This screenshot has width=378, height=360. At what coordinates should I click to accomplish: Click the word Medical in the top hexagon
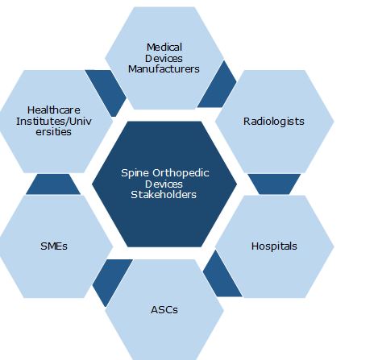coord(164,48)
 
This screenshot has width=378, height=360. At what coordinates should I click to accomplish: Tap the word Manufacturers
coord(164,69)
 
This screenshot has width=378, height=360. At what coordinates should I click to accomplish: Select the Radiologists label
coord(274,122)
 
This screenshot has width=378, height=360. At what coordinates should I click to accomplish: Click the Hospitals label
coord(274,246)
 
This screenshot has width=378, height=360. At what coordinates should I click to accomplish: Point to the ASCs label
coord(164,310)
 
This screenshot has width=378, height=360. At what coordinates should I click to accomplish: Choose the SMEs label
coord(54,246)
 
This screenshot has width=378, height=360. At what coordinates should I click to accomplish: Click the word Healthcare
coord(54,110)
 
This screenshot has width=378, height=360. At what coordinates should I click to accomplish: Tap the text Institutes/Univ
coord(54,121)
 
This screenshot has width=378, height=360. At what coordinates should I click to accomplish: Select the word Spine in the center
coord(135,173)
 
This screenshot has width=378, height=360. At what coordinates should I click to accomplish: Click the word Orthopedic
coord(181,173)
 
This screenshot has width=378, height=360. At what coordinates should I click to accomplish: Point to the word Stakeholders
coord(164,195)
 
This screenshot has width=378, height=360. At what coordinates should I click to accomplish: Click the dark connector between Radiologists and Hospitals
coord(274,184)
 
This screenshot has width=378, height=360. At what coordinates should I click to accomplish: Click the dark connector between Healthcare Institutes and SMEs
coord(53,184)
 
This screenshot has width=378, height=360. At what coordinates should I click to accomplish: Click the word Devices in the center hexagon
coord(164,184)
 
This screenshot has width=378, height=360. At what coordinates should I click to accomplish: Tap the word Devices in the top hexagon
coord(164,58)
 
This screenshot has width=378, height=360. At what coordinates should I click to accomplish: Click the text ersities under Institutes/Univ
coord(54,132)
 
